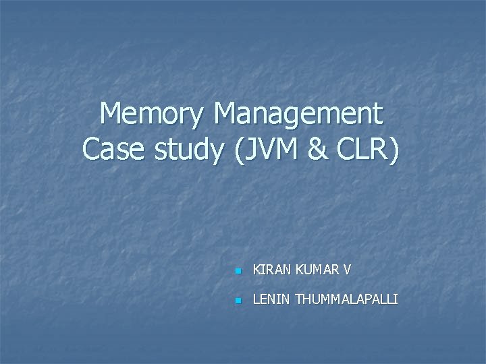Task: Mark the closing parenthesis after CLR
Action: pos(394,149)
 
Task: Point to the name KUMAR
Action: pos(316,271)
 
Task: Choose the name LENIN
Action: pos(269,299)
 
